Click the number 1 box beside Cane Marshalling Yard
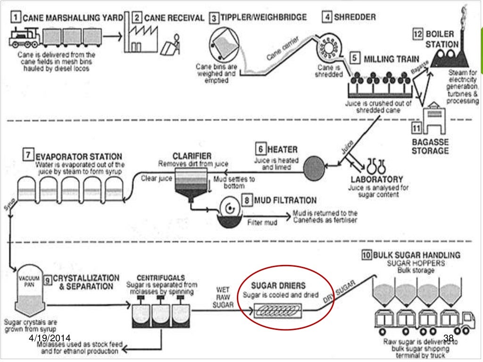16,18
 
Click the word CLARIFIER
192,156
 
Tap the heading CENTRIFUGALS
160,278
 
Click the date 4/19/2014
49,338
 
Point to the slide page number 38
449,338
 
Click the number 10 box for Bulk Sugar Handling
366,255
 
